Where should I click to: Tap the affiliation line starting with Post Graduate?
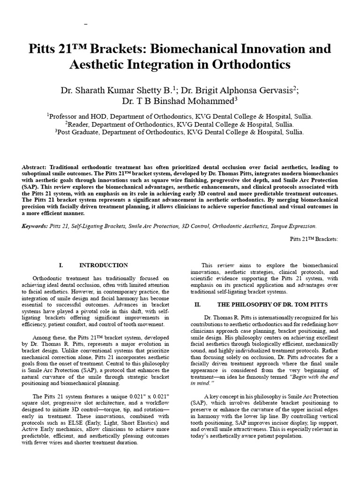point(180,132)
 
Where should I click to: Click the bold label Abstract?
point(36,167)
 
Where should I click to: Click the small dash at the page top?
point(86,23)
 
